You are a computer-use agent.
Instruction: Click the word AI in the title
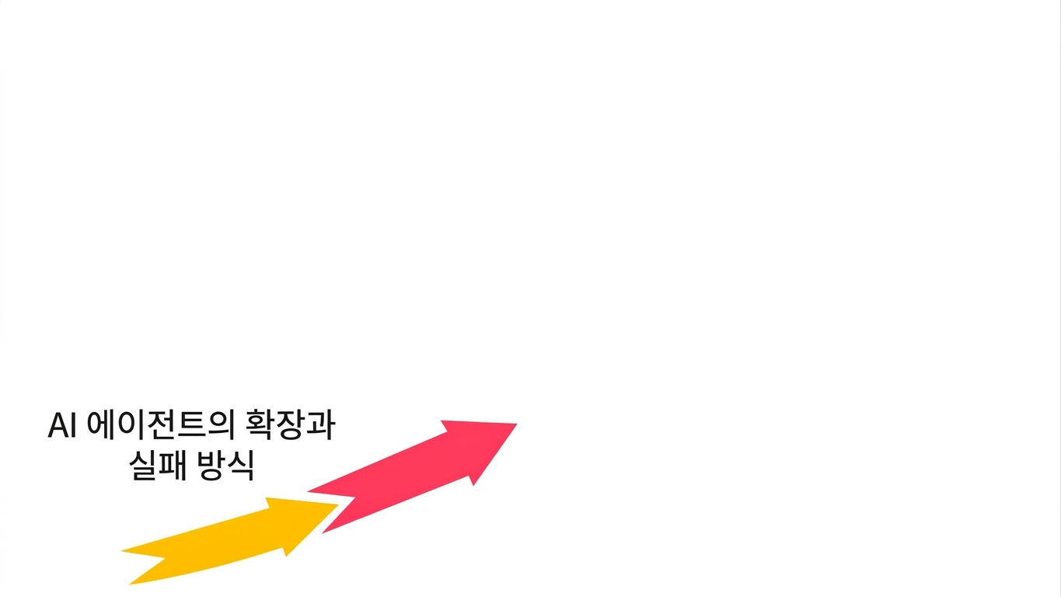click(62, 425)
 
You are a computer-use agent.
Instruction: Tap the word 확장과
click(291, 425)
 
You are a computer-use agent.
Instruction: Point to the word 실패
click(159, 466)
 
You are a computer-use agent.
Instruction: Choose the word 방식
click(226, 466)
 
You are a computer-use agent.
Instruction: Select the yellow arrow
click(230, 541)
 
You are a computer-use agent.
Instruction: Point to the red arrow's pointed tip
click(516, 424)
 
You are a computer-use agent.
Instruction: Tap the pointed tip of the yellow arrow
click(337, 505)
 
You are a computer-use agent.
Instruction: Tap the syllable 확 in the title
click(260, 425)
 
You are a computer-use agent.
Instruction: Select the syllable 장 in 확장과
click(291, 425)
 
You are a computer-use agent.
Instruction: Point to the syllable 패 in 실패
click(173, 466)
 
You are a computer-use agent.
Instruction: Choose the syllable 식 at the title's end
click(241, 466)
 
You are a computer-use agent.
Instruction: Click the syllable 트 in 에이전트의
click(192, 425)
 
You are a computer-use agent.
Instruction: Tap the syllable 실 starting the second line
click(144, 466)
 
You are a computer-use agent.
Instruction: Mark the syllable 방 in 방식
click(211, 466)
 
